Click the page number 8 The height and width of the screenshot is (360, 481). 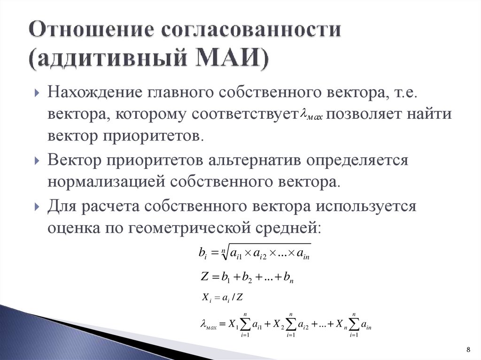[x=467, y=350]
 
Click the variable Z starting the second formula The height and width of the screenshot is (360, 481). [x=204, y=277]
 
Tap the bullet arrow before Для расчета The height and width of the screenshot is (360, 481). [x=37, y=207]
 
